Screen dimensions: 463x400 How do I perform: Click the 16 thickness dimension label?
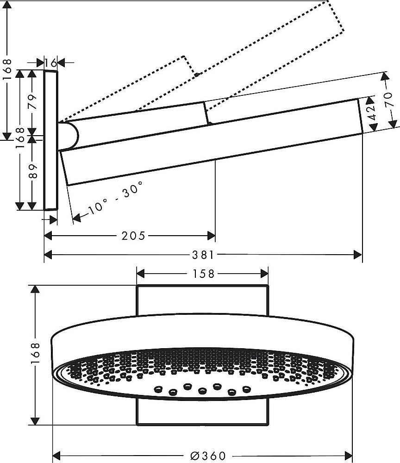pos(51,62)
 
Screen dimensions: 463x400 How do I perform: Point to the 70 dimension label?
pos(392,100)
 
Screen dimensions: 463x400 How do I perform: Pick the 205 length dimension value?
pos(133,236)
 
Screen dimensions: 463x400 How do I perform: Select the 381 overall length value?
pos(203,255)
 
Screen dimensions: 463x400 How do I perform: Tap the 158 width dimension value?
pos(202,274)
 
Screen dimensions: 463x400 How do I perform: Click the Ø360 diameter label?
pos(202,456)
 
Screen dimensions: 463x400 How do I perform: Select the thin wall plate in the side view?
pos(50,140)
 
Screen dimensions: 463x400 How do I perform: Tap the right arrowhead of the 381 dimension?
pos(358,255)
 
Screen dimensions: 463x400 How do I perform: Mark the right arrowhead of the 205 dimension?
pos(212,236)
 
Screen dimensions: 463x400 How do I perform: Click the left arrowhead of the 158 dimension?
pos(140,274)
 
